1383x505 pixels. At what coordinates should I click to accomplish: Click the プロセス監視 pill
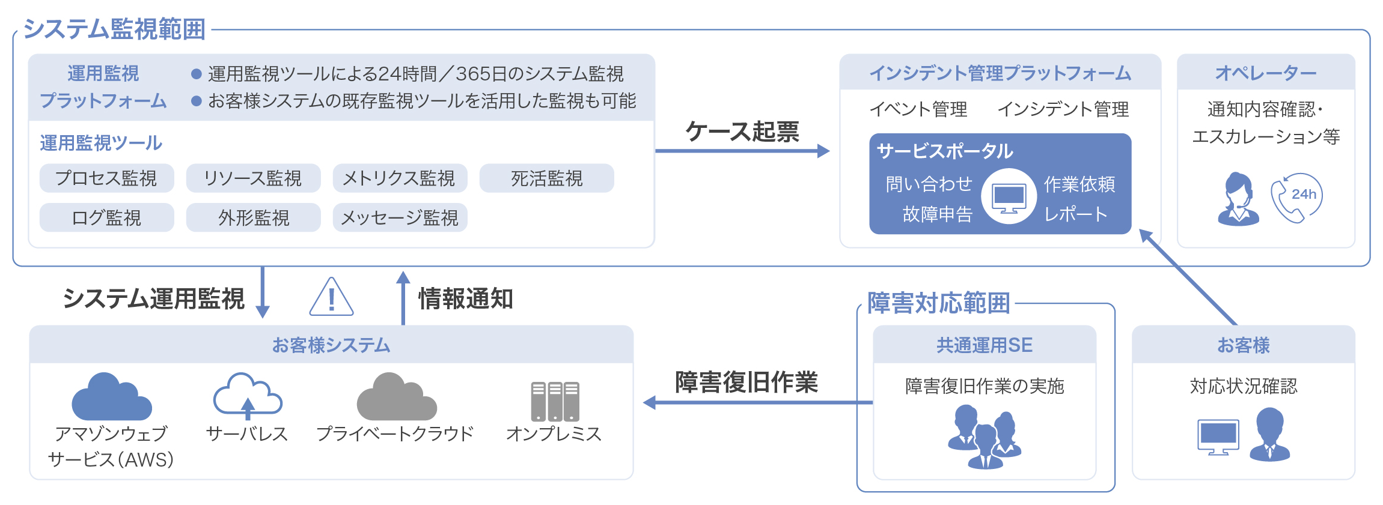tap(106, 178)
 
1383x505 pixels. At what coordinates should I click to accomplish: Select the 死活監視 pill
tap(546, 178)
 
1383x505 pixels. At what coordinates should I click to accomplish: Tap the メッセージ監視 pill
tap(400, 217)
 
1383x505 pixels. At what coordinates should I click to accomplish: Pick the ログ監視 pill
tap(106, 217)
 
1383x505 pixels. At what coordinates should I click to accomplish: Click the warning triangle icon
tap(331, 297)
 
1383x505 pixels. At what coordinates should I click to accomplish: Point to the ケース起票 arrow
tap(742, 151)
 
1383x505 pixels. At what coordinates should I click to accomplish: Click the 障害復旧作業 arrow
tap(757, 402)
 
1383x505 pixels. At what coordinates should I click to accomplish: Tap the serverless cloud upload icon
tap(248, 396)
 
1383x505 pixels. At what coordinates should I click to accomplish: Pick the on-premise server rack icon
tap(555, 401)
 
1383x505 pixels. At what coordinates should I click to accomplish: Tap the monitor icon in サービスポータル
tap(1009, 197)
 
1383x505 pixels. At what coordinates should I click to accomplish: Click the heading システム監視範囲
tap(114, 29)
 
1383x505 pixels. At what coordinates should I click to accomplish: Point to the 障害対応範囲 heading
tap(938, 303)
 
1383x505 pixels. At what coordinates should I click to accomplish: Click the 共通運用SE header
tap(985, 345)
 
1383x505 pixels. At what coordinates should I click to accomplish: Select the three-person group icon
tap(985, 436)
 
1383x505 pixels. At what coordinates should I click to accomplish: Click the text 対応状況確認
tap(1244, 386)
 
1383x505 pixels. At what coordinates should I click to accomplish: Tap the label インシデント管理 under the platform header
tap(1063, 109)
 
